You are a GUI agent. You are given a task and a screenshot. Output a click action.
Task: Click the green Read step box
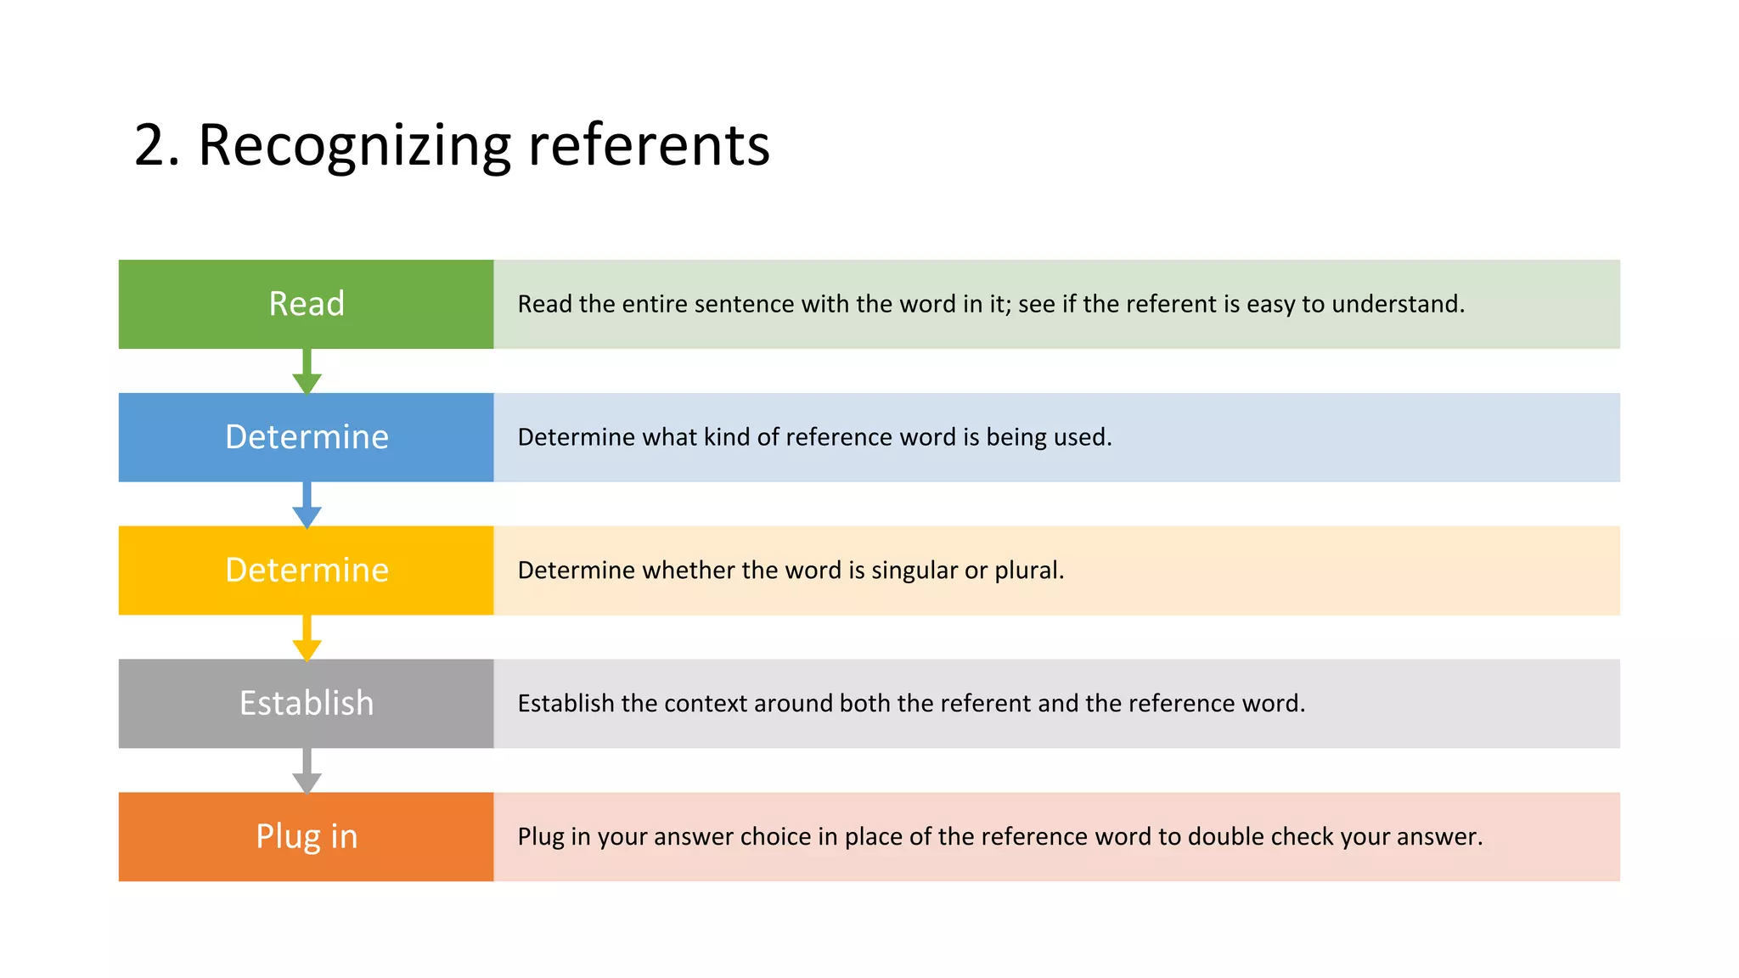(306, 304)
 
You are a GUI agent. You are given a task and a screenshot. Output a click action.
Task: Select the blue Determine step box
(306, 437)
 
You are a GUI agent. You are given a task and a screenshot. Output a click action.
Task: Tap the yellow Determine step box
(306, 570)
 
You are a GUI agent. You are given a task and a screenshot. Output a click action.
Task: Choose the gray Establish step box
(306, 704)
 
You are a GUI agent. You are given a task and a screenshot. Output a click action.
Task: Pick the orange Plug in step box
(306, 837)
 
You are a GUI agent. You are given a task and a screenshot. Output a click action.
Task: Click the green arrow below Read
(307, 373)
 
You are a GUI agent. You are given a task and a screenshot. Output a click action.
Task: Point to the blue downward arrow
(307, 506)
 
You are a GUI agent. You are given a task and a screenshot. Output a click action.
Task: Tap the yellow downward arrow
(307, 638)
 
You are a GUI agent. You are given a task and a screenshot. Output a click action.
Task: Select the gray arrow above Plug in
(307, 772)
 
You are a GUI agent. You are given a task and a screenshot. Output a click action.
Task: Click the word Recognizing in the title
(354, 145)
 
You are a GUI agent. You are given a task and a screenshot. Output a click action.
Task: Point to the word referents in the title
(649, 145)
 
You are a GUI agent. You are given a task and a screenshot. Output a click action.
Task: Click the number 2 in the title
(150, 145)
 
